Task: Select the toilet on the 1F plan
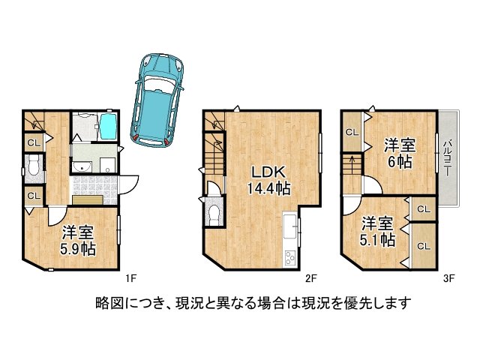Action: pyautogui.click(x=34, y=166)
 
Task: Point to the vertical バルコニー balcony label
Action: pyautogui.click(x=447, y=158)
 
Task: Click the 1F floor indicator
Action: pyautogui.click(x=130, y=278)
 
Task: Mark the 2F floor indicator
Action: pyautogui.click(x=310, y=278)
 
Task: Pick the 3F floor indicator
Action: pyautogui.click(x=448, y=278)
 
